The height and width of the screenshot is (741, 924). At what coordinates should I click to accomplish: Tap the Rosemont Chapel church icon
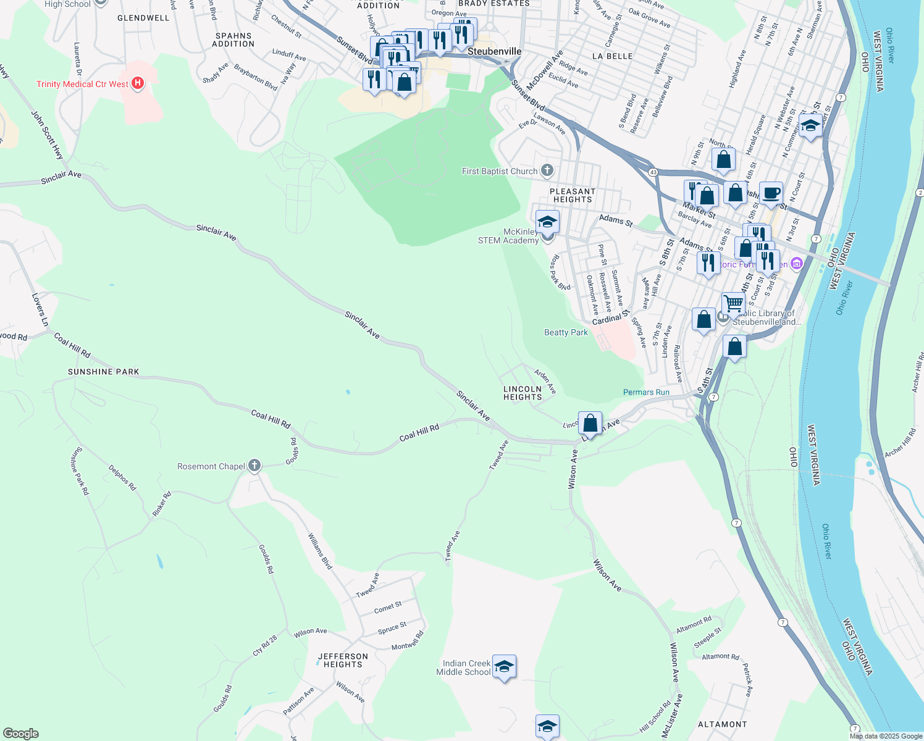(x=254, y=466)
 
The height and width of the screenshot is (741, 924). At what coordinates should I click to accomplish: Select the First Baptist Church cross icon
(x=547, y=170)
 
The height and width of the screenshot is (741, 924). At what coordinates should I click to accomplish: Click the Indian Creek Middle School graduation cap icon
(x=504, y=667)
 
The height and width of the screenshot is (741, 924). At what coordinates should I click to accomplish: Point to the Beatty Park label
(x=566, y=332)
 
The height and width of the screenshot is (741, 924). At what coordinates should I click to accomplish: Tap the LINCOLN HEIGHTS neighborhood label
(x=523, y=393)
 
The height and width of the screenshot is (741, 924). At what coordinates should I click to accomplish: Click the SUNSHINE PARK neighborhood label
(x=103, y=372)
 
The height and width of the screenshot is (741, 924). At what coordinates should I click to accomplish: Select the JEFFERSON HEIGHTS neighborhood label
(x=343, y=661)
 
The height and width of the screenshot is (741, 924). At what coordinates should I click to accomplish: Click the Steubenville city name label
(x=494, y=51)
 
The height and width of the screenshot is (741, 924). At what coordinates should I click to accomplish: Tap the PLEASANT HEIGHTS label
(x=573, y=196)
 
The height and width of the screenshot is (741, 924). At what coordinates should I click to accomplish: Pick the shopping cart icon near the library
(x=733, y=303)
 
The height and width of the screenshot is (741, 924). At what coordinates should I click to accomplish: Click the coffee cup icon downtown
(x=771, y=193)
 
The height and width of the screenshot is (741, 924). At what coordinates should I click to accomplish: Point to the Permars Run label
(x=646, y=392)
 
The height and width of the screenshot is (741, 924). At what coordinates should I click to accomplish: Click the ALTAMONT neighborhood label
(x=722, y=724)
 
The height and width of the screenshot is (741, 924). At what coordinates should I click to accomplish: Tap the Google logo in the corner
(x=21, y=733)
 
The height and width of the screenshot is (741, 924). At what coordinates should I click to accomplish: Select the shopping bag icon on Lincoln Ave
(x=590, y=423)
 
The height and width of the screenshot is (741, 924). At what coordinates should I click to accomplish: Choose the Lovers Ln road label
(x=40, y=310)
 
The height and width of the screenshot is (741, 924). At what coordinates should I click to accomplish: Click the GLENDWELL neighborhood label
(x=143, y=18)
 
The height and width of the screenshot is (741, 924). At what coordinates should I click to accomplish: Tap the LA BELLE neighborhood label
(x=612, y=56)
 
